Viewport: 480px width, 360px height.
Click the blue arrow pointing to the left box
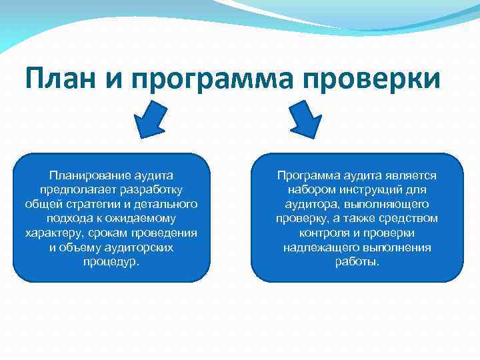point(150,120)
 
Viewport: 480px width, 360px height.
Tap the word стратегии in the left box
point(87,204)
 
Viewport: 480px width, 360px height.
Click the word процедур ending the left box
point(110,261)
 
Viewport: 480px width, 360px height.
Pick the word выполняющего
point(388,204)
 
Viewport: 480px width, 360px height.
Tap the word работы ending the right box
point(357,261)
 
